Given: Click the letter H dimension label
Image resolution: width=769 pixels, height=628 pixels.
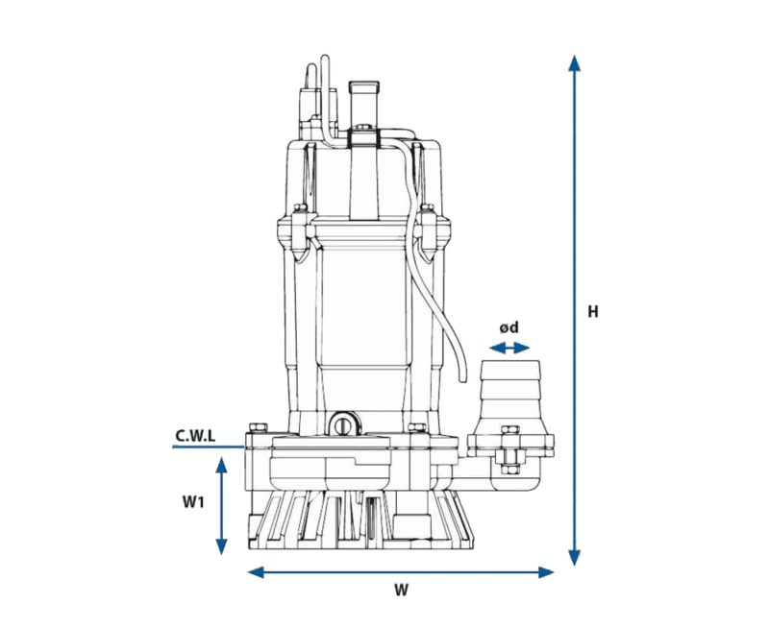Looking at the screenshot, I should pos(593,312).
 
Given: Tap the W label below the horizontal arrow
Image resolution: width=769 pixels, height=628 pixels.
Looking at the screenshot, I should pos(402,592).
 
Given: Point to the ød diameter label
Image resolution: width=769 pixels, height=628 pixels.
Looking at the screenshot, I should pos(510,327).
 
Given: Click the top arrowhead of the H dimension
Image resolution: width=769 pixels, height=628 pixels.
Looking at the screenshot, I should pos(575,63).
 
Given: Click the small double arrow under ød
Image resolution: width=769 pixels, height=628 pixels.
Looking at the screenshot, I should pos(510,349).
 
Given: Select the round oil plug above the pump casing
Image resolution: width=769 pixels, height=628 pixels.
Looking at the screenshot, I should pos(343,423).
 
